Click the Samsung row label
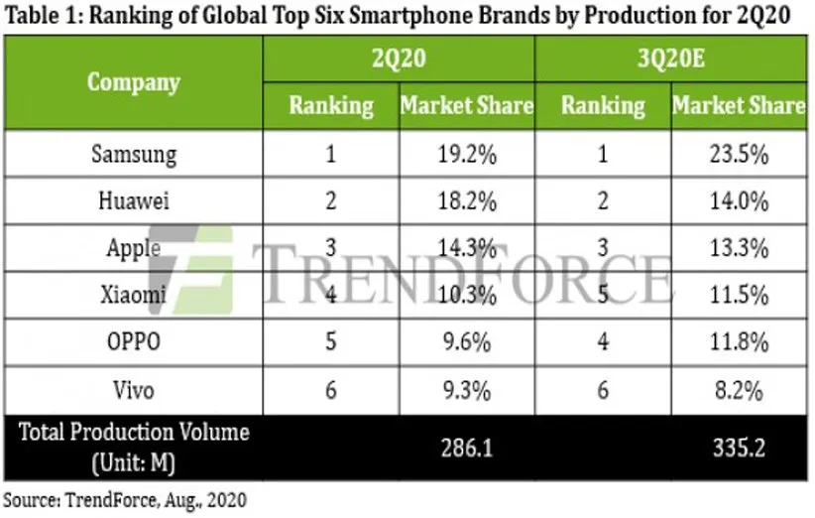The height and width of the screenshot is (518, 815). coord(134,155)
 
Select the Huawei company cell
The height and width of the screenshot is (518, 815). coord(134,201)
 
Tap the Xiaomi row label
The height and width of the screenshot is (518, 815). coord(134,296)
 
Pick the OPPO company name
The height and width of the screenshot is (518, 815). coord(134,342)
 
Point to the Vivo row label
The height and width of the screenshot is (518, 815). coord(134,389)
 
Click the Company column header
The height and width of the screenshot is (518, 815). coord(134,81)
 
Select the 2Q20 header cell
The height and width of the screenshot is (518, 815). coord(399,59)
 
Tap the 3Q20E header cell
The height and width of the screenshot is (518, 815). coord(670,59)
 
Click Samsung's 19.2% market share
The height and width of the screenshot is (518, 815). coord(466,155)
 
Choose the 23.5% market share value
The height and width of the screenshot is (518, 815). coord(739,155)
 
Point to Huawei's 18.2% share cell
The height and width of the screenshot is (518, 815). coord(466,201)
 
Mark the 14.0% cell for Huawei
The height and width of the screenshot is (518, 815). coord(739,201)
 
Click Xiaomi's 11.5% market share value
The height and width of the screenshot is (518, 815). coord(739,296)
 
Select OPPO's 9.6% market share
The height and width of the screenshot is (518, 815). coord(466,342)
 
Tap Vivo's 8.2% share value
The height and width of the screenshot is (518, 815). coord(739,389)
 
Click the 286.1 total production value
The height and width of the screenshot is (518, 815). coord(466,448)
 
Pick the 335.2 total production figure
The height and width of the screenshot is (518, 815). coord(739,448)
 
